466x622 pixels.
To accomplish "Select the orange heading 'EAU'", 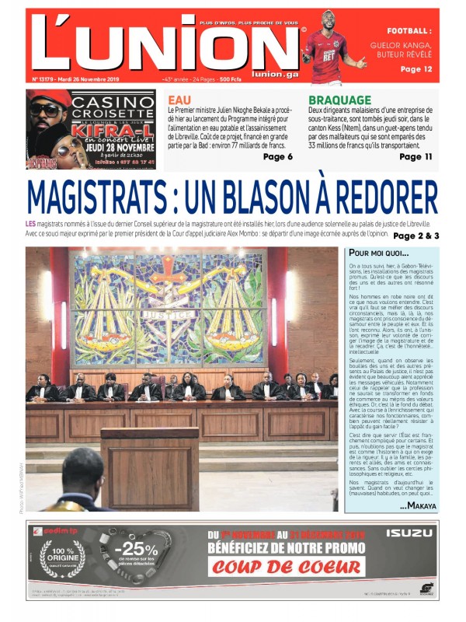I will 179,100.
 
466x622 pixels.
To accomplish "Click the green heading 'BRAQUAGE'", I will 339,100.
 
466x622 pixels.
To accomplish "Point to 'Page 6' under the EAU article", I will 277,157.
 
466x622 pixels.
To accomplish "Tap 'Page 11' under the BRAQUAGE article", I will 416,157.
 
